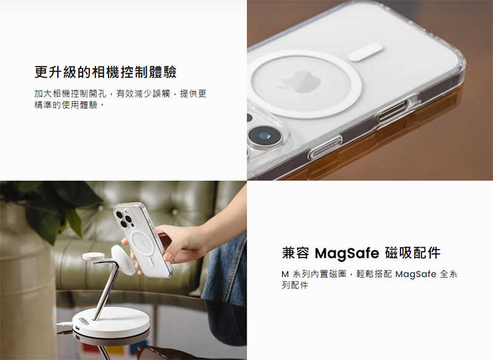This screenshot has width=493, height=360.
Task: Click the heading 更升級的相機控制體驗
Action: point(105,72)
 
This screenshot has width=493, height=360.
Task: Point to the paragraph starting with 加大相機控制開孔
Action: point(120,99)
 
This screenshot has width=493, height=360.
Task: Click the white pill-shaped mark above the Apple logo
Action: point(365,52)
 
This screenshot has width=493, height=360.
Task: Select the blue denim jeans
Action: point(225,271)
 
